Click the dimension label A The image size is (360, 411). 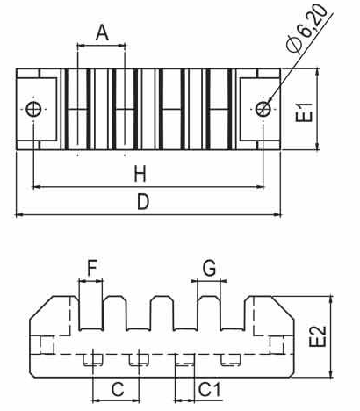[102, 32]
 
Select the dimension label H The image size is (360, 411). [140, 174]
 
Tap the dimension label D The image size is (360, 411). [143, 202]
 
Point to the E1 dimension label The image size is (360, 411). [304, 112]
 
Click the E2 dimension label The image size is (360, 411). [318, 336]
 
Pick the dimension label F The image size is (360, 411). [92, 269]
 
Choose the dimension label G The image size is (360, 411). [210, 268]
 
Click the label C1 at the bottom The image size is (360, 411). [210, 389]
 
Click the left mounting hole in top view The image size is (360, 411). [33, 109]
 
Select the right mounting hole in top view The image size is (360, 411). [263, 109]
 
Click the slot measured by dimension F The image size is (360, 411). [91, 314]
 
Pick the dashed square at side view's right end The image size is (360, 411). [277, 345]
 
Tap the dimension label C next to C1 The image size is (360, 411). [118, 389]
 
